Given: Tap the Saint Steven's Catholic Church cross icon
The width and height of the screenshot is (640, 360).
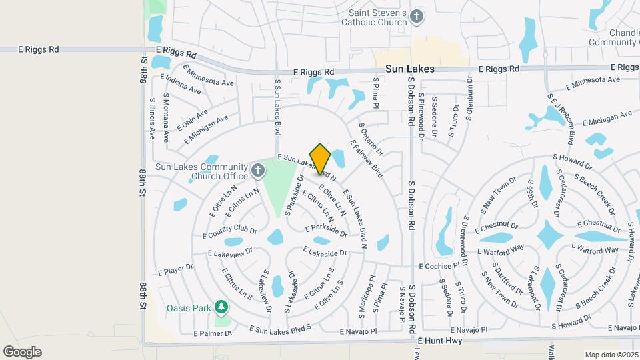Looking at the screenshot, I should tap(417, 17).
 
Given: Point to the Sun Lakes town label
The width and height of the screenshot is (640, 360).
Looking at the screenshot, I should tap(410, 69).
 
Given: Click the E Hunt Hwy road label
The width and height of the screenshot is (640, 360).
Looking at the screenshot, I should tap(444, 341).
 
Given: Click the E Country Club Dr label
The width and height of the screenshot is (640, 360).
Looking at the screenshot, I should tap(230, 232).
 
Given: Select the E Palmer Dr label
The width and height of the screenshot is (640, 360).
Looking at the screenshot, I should tap(213, 333).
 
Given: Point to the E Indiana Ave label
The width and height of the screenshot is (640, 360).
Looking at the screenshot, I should tap(181, 85).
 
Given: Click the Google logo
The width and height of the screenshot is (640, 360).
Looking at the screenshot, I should tap(22, 351).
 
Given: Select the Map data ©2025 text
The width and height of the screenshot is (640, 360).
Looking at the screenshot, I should tap(611, 355).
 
